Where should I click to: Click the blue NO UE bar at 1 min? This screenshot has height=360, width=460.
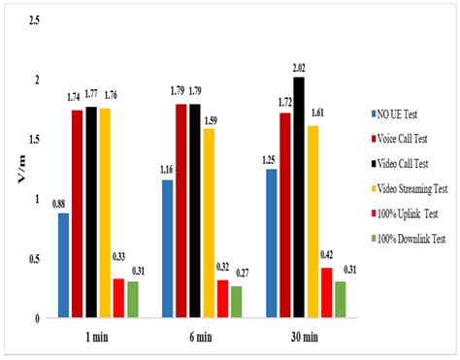[x=64, y=264]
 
